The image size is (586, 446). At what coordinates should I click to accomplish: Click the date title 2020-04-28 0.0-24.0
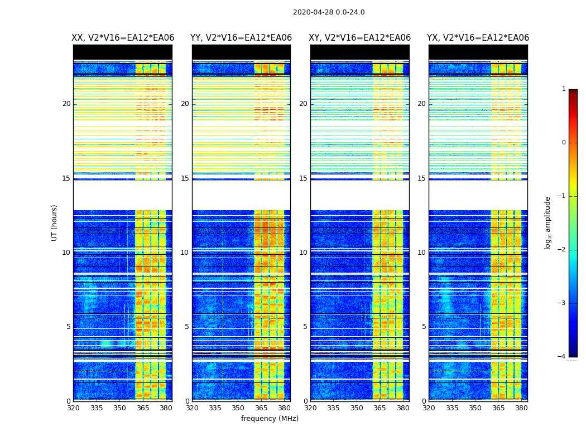pos(329,12)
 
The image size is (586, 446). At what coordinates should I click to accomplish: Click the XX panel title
pos(123,38)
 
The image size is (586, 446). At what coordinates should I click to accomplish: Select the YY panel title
pos(241,38)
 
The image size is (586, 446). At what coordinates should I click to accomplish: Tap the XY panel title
pos(360,38)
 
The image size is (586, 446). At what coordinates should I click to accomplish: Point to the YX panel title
pos(478,38)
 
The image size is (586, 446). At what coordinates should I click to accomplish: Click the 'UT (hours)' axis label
pos(55,222)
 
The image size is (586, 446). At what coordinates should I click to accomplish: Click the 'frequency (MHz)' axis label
pos(270,419)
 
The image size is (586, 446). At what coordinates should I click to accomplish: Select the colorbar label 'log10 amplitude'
pos(548,222)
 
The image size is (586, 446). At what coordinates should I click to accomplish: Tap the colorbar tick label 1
pos(564,89)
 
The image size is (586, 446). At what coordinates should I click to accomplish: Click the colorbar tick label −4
pos(563,357)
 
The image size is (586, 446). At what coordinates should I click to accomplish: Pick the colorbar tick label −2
pos(563,250)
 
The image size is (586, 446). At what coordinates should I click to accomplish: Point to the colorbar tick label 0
pos(564,143)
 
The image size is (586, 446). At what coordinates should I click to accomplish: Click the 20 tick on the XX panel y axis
pos(66,104)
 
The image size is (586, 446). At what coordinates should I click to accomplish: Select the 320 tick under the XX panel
pos(73,408)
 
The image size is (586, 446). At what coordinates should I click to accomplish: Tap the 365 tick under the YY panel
pos(262,408)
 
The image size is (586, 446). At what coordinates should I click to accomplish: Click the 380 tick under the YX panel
pos(521,408)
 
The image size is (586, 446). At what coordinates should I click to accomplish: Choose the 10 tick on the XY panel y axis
pos(302,253)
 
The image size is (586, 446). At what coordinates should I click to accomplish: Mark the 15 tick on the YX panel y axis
pos(421,178)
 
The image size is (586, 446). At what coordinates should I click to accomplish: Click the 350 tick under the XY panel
pos(357,408)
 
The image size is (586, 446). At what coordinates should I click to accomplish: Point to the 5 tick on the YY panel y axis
pos(186,327)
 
